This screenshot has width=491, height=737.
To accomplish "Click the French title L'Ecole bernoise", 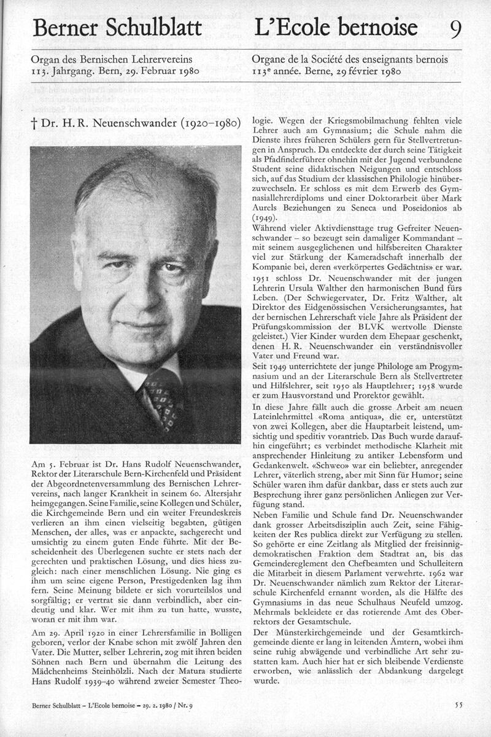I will tap(335, 28).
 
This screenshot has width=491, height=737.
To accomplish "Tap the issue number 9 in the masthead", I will tap(455, 28).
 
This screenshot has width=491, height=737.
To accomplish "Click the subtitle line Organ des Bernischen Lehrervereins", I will tap(112, 60).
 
